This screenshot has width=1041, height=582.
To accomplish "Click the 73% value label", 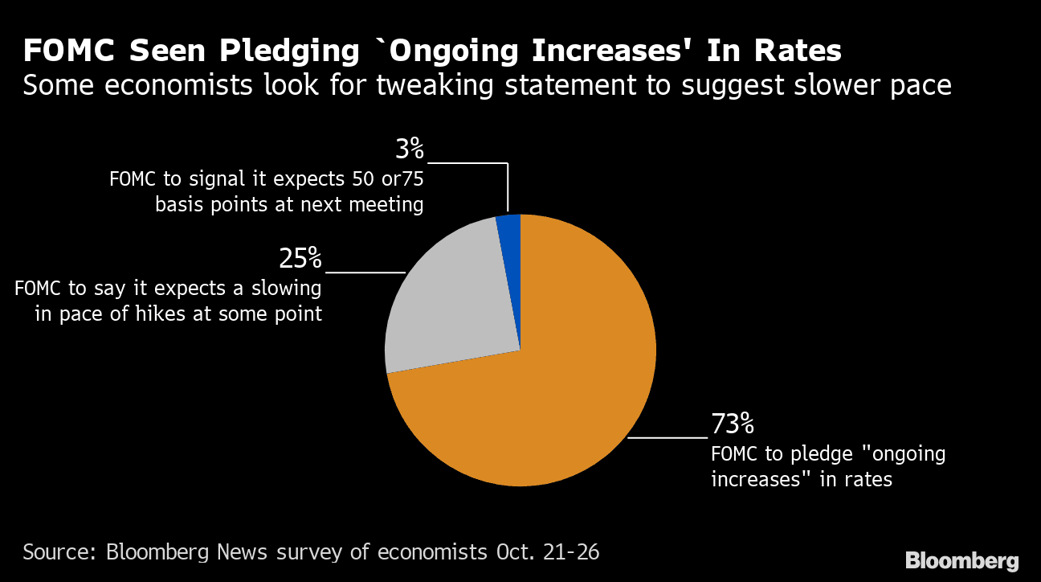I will pos(732,423).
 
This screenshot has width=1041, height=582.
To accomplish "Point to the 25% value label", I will pos(300,258).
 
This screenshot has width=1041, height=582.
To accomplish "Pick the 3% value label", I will pos(408,149).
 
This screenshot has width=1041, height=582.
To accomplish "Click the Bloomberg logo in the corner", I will pos(961,560).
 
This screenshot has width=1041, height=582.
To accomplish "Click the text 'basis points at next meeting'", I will pos(289,205).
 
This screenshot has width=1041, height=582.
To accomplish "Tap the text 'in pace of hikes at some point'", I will pos(178,314).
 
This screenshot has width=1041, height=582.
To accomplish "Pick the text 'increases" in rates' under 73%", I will pos(801,480).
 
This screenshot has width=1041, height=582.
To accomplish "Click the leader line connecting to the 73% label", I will pos(667,437).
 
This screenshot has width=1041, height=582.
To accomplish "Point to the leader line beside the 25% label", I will pos(365,273).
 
